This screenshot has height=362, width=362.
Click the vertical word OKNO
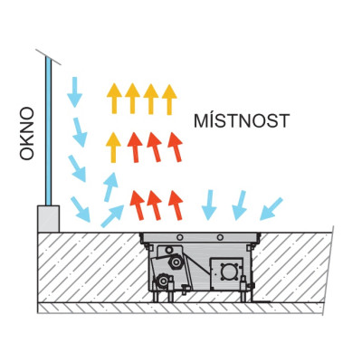coord(27,133)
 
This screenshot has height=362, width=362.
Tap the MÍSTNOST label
coord(242,120)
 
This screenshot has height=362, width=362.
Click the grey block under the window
coord(48,219)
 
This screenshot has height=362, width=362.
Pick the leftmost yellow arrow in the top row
coord(114,99)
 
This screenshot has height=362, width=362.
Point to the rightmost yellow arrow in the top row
coord(169,100)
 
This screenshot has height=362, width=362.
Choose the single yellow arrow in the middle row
coord(113,148)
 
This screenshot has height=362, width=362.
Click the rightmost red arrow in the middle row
coord(176,147)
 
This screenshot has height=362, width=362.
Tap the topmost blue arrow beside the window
coord(74,92)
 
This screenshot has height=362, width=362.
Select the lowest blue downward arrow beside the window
coord(81,209)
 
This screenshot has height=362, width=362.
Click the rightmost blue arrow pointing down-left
coord(271,209)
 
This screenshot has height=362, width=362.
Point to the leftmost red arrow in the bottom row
coord(137,205)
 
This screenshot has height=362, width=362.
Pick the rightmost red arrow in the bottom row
coord(176,205)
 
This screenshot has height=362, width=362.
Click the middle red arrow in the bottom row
coord(155,205)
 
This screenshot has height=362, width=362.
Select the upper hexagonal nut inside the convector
coord(175,262)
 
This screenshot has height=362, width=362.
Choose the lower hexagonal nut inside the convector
coord(163,281)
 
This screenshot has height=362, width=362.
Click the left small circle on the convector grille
coord(180,237)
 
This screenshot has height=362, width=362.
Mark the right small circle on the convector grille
coord(221,237)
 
